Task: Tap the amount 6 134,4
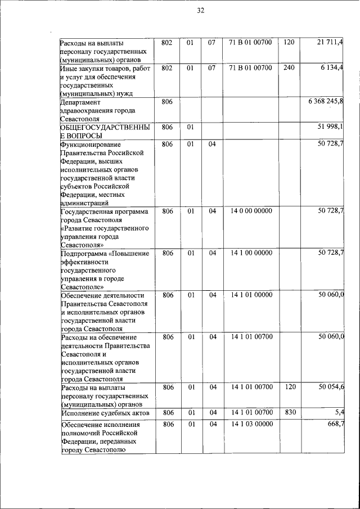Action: click(x=332, y=68)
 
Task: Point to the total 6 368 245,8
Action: click(x=326, y=102)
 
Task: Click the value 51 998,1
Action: click(x=330, y=127)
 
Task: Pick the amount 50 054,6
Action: click(x=330, y=388)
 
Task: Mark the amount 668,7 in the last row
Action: click(x=335, y=424)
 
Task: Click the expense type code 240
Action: click(x=289, y=68)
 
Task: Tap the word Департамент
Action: click(x=80, y=102)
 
